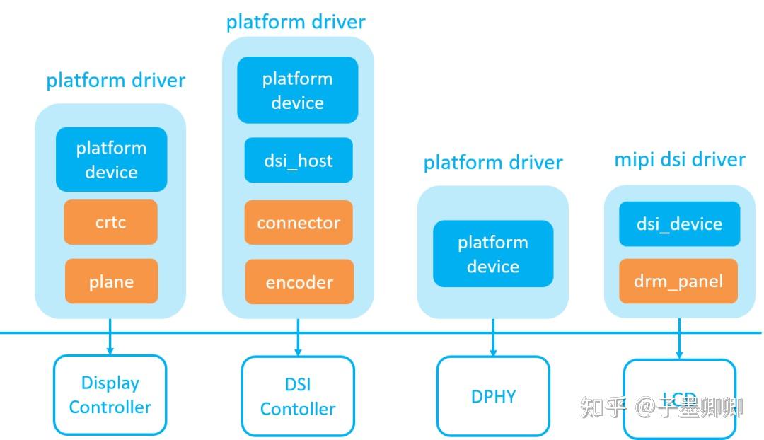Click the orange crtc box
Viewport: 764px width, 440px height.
[x=111, y=222]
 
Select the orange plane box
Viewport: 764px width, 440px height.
[x=111, y=282]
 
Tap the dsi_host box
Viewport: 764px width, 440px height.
[x=298, y=160]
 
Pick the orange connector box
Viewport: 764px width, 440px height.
[x=299, y=223]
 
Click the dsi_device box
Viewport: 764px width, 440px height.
[x=679, y=224]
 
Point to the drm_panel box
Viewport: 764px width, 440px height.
[x=679, y=281]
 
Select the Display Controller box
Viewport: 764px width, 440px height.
[x=110, y=395]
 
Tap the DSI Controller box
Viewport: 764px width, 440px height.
[x=298, y=396]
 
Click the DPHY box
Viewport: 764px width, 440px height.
[x=493, y=396]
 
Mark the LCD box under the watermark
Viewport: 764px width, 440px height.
[x=679, y=398]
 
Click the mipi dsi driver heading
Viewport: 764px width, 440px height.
[x=679, y=159]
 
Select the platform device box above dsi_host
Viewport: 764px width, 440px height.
[x=298, y=90]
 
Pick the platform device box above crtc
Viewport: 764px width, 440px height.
[x=112, y=159]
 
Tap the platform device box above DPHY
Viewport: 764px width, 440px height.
[x=493, y=254]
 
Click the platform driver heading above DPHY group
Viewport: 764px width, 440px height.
[x=493, y=163]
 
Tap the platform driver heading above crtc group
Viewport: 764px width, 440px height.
[x=116, y=80]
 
